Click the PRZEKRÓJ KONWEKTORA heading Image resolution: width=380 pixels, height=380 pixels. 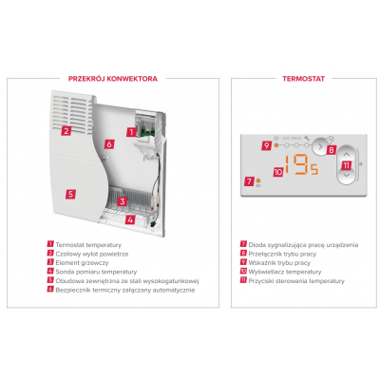pyautogui.click(x=113, y=79)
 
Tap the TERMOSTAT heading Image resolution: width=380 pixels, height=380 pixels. pyautogui.click(x=303, y=79)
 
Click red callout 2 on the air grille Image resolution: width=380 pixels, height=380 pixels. pyautogui.click(x=66, y=130)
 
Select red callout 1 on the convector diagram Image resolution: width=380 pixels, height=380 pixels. pyautogui.click(x=131, y=132)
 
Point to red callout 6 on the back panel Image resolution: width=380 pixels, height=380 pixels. pyautogui.click(x=109, y=144)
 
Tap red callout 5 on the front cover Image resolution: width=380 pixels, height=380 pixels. pyautogui.click(x=70, y=194)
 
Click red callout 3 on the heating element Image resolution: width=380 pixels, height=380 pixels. pyautogui.click(x=123, y=201)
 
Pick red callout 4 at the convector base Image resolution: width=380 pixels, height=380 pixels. pyautogui.click(x=130, y=219)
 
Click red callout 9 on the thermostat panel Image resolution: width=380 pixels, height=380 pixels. pyautogui.click(x=266, y=145)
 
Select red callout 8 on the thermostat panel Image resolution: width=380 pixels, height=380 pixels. pyautogui.click(x=332, y=149)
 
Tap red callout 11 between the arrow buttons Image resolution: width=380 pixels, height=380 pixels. pyautogui.click(x=347, y=165)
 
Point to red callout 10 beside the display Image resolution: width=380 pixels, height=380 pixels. pyautogui.click(x=278, y=172)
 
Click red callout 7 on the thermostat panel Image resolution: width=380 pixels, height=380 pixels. pyautogui.click(x=249, y=181)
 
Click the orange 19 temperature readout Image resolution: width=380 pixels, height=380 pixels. pyautogui.click(x=297, y=164)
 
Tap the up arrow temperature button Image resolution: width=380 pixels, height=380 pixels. pyautogui.click(x=347, y=154)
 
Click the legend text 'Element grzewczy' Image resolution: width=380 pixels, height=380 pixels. pyautogui.click(x=82, y=263)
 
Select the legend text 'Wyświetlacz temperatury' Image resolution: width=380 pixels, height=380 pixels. pyautogui.click(x=285, y=272)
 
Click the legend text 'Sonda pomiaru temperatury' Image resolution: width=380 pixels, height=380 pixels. pyautogui.click(x=96, y=272)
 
